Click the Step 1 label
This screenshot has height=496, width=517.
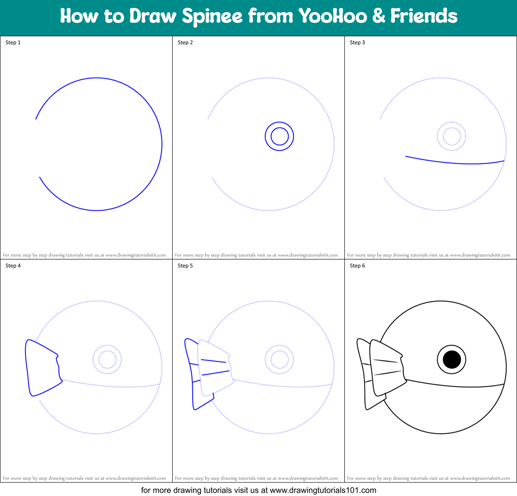pos(13,42)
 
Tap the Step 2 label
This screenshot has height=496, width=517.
pos(185,42)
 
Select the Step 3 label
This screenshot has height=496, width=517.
pos(357,42)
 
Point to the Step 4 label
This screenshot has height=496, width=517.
pos(13,266)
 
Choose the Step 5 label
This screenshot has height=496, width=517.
pos(185,266)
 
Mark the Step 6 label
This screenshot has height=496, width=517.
pos(357,266)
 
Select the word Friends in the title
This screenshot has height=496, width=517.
pos(424,17)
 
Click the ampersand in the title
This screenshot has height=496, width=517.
pos(378,17)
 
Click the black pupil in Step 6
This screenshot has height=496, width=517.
pos(452,359)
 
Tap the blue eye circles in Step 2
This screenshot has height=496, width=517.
pos(280,136)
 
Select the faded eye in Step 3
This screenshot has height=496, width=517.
pos(452,136)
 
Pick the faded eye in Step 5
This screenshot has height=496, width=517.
pos(280,359)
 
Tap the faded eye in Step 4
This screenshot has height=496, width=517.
pos(107,359)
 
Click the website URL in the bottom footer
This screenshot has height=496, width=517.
pos(323,490)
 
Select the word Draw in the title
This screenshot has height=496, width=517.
pos(153,17)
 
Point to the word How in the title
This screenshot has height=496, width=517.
pos(79,17)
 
